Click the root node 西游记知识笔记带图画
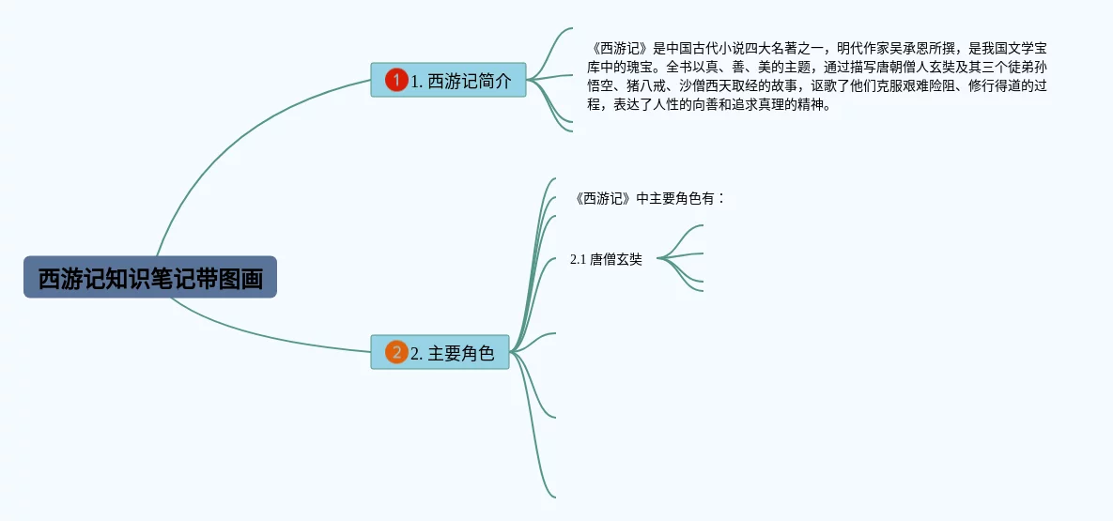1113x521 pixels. [x=150, y=278]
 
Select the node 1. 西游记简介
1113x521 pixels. [x=448, y=81]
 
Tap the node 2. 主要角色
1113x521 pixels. [x=441, y=353]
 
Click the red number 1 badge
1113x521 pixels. [x=396, y=81]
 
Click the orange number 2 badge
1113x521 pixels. [x=396, y=353]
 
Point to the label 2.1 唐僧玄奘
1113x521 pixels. [x=606, y=260]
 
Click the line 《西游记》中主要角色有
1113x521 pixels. [x=648, y=198]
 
